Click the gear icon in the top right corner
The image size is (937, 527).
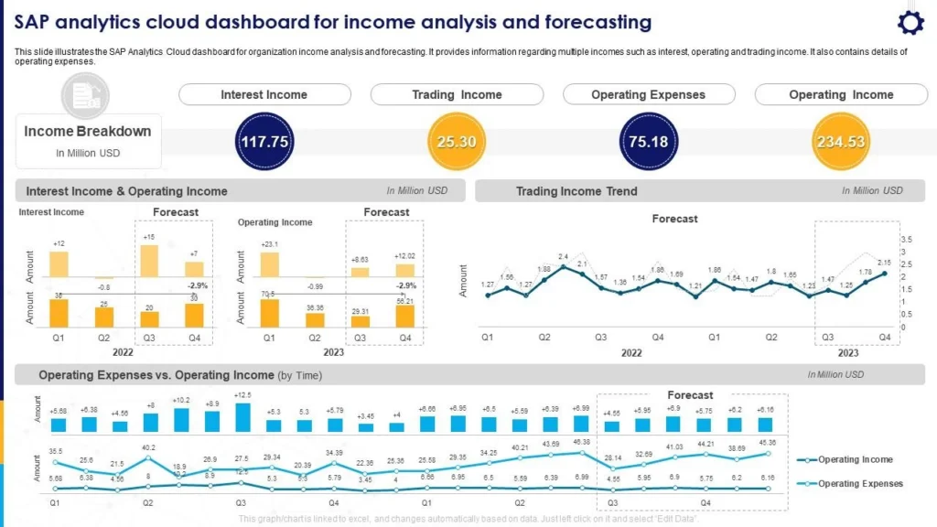click(910, 23)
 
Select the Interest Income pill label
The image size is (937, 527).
click(264, 94)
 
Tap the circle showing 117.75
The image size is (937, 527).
click(264, 142)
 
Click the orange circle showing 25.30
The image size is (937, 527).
click(456, 142)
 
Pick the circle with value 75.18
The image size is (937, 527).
click(648, 142)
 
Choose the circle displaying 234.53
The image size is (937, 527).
click(841, 142)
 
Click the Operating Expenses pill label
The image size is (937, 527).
click(648, 94)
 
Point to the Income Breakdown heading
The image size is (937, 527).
click(88, 132)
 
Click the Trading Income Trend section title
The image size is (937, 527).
click(576, 191)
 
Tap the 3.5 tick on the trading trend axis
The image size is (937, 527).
click(908, 239)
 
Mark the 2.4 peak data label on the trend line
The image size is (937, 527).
click(564, 257)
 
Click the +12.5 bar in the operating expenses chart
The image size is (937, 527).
click(242, 417)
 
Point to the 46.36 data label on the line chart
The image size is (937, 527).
click(581, 442)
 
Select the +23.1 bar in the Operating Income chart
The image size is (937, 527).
click(270, 264)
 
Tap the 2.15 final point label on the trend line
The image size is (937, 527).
click(883, 263)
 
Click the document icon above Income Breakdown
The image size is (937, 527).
click(85, 93)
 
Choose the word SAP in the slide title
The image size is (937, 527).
click(34, 22)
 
